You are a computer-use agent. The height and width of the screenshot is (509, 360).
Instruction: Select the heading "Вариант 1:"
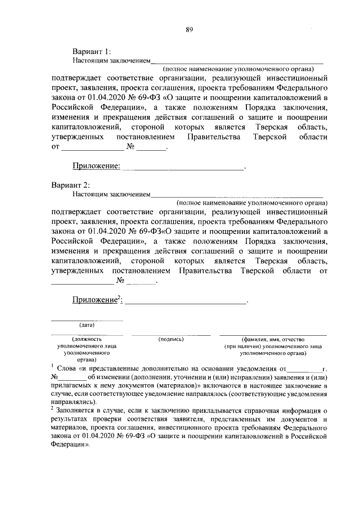92,51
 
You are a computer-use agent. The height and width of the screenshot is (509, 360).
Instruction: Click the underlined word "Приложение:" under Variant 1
96,166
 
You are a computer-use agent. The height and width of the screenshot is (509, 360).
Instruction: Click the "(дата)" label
87,325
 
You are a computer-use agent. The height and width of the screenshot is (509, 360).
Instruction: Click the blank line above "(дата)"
87,320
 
